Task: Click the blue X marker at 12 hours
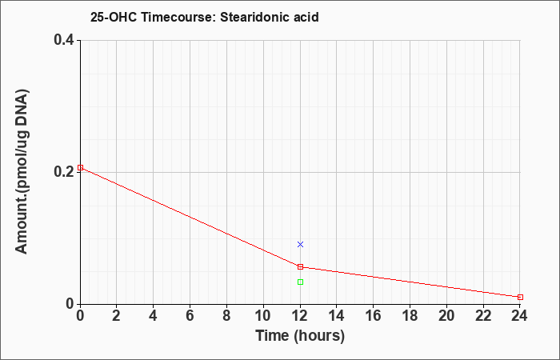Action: [x=300, y=244]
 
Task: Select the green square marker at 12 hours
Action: [x=300, y=282]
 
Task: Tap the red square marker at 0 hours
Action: [x=80, y=167]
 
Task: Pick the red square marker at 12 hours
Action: [x=300, y=266]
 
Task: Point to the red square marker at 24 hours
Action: [x=520, y=297]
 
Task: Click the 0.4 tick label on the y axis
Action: [x=64, y=40]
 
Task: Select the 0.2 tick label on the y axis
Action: [x=64, y=172]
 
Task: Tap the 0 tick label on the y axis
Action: [x=70, y=304]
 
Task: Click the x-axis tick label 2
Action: [x=117, y=316]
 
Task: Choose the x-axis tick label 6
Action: [x=190, y=316]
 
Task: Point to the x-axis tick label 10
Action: [x=263, y=316]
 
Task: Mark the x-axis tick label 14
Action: [x=337, y=316]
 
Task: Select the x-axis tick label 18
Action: [x=410, y=316]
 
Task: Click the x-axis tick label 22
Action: [x=483, y=316]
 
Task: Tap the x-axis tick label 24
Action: [x=519, y=316]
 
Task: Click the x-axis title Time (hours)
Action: [x=300, y=336]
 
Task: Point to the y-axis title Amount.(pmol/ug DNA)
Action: [x=22, y=171]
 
